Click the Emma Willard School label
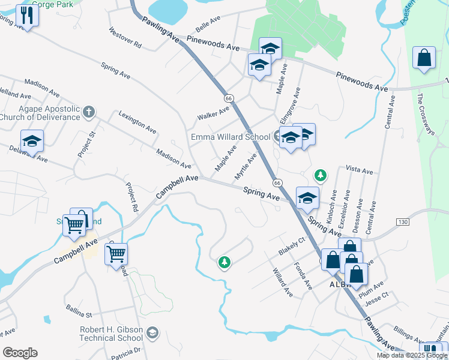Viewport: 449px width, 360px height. (x=231, y=137)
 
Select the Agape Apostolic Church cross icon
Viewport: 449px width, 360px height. (x=88, y=112)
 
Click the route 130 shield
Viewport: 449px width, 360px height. (x=402, y=222)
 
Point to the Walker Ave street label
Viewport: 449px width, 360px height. (x=214, y=112)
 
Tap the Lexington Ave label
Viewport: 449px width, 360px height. (x=137, y=122)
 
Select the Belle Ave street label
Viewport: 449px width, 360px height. (x=208, y=28)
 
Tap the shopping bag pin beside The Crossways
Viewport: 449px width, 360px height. (x=424, y=58)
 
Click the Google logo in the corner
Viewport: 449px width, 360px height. (x=20, y=353)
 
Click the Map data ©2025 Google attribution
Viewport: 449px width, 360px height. (x=412, y=355)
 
